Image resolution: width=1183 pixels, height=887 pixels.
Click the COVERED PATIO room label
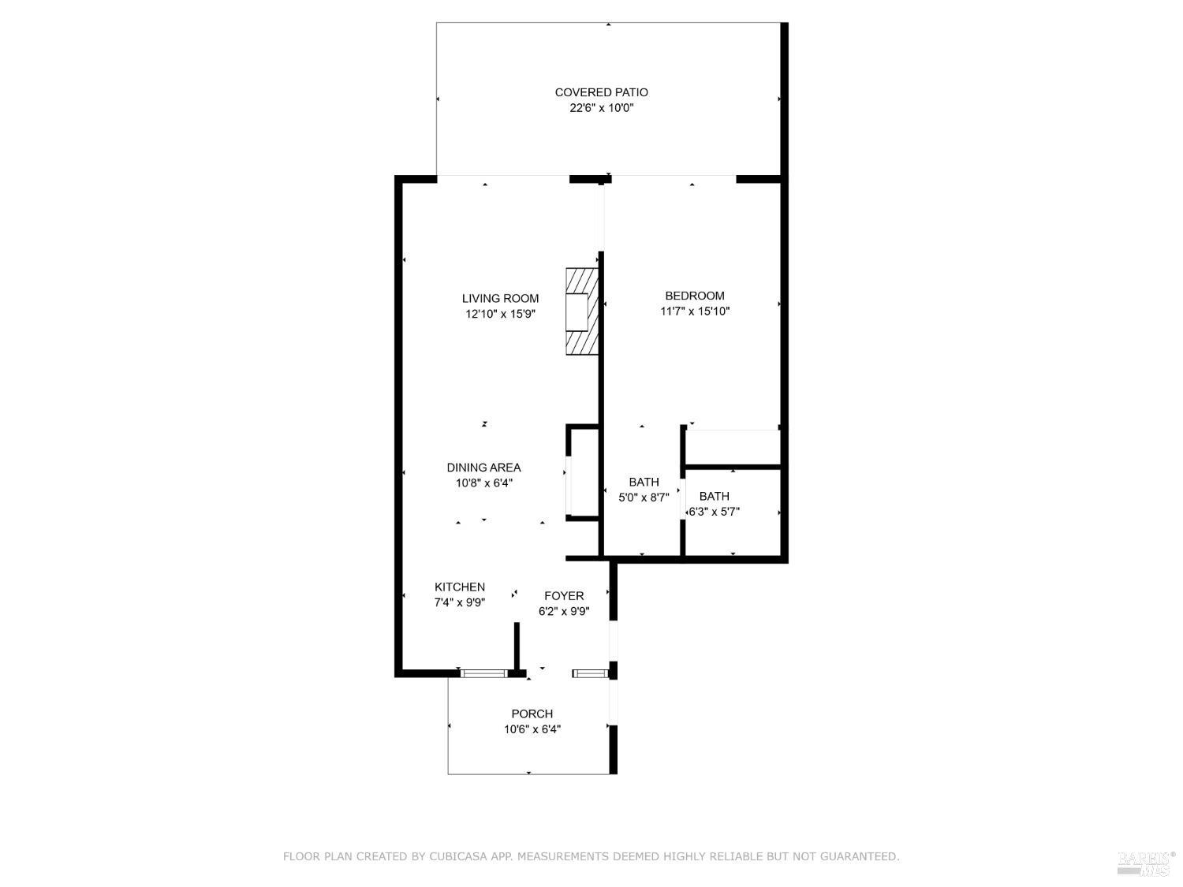601,92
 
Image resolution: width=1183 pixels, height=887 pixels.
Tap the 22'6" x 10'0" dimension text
601,108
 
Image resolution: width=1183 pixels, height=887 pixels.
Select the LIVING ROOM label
500,298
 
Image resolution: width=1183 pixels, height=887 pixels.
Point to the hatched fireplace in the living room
582,311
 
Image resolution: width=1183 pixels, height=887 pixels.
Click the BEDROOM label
694,296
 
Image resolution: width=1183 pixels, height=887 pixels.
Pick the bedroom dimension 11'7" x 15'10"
694,311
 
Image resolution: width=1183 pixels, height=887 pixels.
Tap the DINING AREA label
483,468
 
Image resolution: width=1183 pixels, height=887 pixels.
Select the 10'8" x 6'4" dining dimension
483,483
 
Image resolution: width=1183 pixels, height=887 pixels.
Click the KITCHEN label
460,587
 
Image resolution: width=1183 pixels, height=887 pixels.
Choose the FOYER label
564,596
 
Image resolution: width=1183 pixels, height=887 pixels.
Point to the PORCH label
532,714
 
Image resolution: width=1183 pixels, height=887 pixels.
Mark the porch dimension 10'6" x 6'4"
532,729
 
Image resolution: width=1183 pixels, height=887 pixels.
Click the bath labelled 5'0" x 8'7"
644,490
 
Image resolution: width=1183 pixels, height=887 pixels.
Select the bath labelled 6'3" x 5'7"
715,504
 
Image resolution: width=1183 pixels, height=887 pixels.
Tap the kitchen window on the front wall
483,673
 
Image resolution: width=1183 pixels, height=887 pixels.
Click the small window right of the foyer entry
589,673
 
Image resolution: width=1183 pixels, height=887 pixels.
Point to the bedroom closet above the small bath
732,448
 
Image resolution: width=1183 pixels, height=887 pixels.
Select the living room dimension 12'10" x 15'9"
500,314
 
